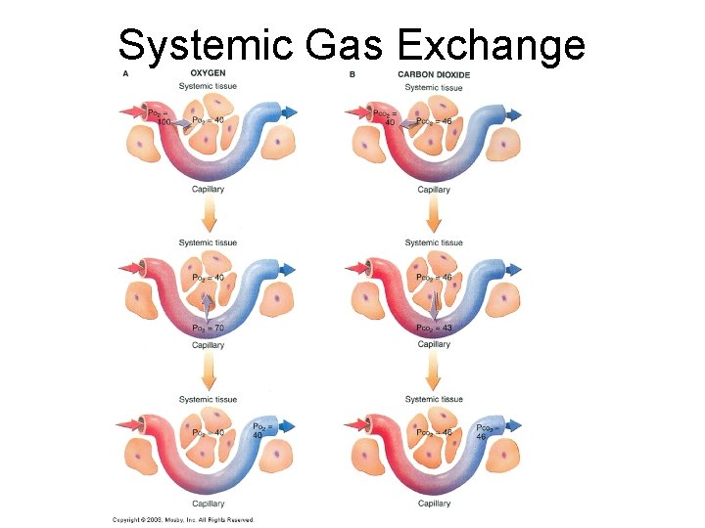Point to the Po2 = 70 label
point(208,328)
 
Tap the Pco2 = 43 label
point(434,328)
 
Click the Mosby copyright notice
point(183,519)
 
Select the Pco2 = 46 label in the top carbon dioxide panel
point(433,121)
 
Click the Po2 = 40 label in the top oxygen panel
point(208,119)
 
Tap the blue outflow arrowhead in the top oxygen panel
point(291,113)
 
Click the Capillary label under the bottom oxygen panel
point(208,504)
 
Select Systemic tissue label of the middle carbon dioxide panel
point(434,242)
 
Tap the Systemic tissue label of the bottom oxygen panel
point(208,399)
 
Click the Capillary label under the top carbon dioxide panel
point(434,190)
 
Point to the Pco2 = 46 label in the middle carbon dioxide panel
point(434,278)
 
